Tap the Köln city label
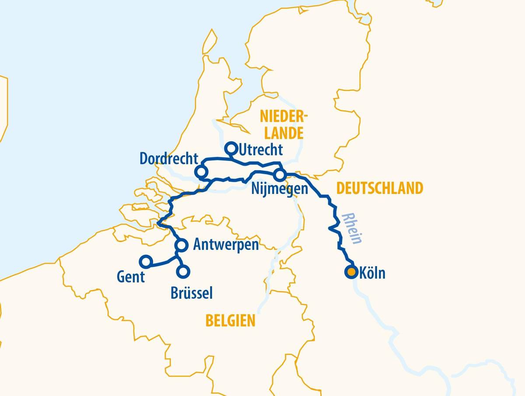pyautogui.click(x=372, y=273)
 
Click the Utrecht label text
pyautogui.click(x=261, y=150)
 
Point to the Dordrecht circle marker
pyautogui.click(x=201, y=172)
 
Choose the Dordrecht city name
pyautogui.click(x=169, y=158)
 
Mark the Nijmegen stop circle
pyautogui.click(x=280, y=175)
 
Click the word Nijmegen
pyautogui.click(x=280, y=190)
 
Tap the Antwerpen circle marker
pyautogui.click(x=182, y=245)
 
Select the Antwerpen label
pyautogui.click(x=226, y=245)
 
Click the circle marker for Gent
pyautogui.click(x=146, y=262)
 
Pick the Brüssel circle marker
pyautogui.click(x=183, y=271)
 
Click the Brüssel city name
pyautogui.click(x=192, y=293)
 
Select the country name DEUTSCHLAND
pyautogui.click(x=379, y=188)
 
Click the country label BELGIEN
pyautogui.click(x=230, y=321)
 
